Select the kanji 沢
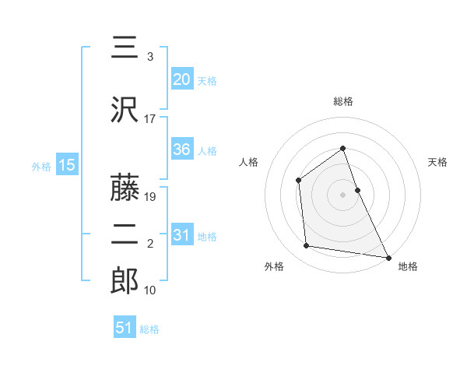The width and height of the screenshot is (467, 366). (125, 109)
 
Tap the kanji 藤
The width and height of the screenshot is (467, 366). (125, 187)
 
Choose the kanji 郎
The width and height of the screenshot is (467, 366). (125, 280)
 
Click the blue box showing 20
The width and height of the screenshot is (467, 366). (181, 79)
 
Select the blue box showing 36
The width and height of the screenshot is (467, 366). (181, 150)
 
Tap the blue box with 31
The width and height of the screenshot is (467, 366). (181, 236)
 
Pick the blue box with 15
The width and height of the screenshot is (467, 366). (66, 165)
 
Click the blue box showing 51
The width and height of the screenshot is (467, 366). (124, 328)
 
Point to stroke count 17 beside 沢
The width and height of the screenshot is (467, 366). (150, 119)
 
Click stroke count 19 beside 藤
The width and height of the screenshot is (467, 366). (151, 197)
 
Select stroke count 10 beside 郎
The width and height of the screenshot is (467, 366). (150, 290)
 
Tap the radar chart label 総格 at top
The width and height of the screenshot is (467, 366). (343, 101)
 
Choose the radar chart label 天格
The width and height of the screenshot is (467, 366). (438, 162)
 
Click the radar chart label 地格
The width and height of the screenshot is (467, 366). (408, 266)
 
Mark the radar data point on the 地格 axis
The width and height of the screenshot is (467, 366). (388, 257)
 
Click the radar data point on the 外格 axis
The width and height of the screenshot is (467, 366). (307, 246)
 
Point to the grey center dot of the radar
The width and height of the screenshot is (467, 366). (343, 194)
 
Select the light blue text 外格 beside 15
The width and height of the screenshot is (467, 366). (41, 166)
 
